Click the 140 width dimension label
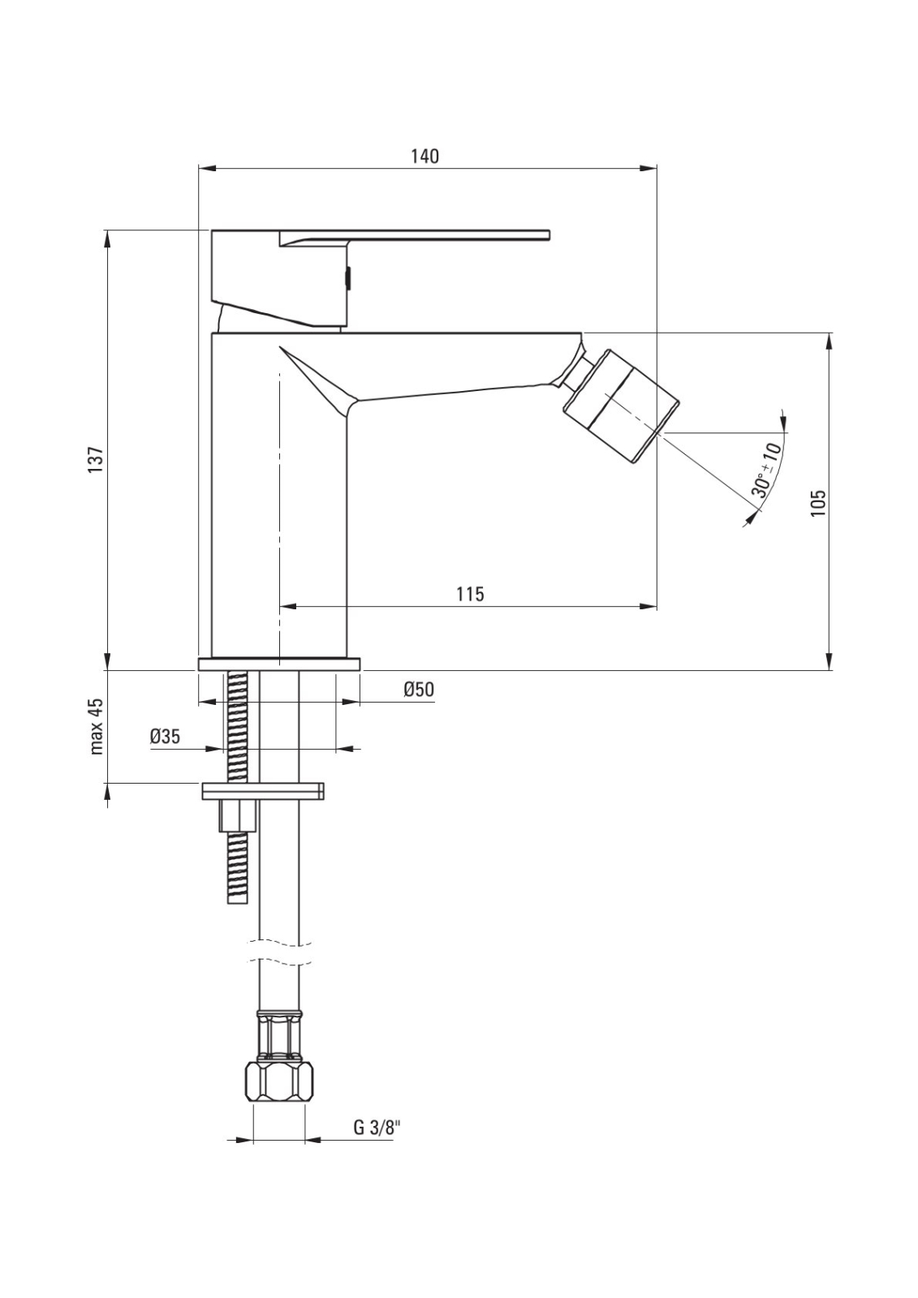point(425,157)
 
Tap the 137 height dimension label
point(97,461)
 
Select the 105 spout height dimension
point(817,503)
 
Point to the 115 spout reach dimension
point(470,594)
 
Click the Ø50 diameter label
point(419,690)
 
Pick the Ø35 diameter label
point(165,737)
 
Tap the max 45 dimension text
point(97,726)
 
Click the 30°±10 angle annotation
point(767,470)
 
